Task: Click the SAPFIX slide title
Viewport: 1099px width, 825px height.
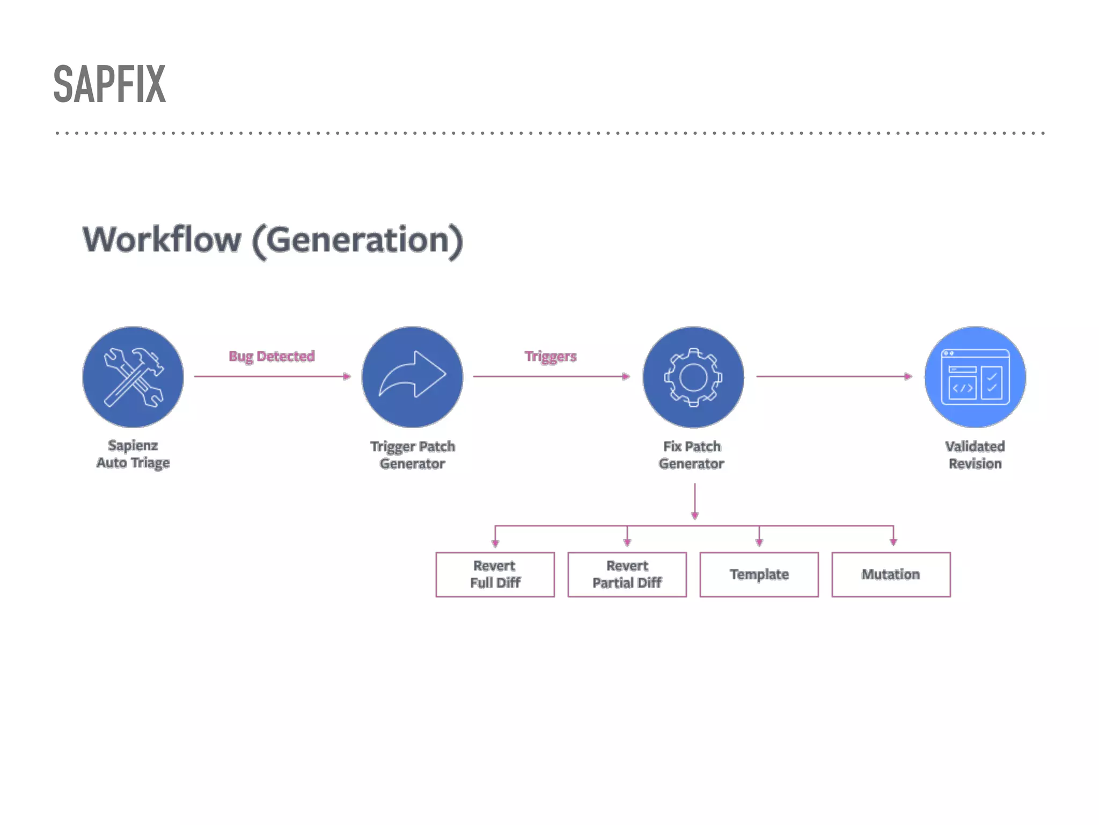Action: tap(110, 84)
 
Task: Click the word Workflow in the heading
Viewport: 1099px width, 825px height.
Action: tap(162, 240)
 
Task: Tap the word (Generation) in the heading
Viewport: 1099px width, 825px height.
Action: tap(357, 241)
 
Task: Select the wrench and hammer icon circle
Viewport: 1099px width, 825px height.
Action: tap(133, 377)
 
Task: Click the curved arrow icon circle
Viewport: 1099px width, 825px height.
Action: tap(412, 377)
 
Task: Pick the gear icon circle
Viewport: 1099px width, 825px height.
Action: tap(693, 377)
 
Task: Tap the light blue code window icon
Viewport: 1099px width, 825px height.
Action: tap(975, 377)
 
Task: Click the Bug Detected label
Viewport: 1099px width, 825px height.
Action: tap(272, 356)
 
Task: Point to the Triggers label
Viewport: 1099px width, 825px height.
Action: tap(551, 356)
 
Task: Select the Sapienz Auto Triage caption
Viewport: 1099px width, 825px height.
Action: tap(133, 454)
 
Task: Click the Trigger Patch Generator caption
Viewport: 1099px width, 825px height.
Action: tap(412, 455)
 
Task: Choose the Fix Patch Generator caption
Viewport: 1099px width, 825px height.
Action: tap(692, 455)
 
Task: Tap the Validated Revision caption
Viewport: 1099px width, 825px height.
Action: tap(975, 455)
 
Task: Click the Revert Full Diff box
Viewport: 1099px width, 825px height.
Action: tap(495, 574)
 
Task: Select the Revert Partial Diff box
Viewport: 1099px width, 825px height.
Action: tap(627, 574)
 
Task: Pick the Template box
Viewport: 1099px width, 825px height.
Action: tap(759, 574)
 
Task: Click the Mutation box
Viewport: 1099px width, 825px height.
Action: tap(891, 574)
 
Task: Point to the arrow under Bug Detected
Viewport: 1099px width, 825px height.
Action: tap(272, 377)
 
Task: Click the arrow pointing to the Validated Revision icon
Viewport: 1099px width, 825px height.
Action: tap(834, 377)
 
